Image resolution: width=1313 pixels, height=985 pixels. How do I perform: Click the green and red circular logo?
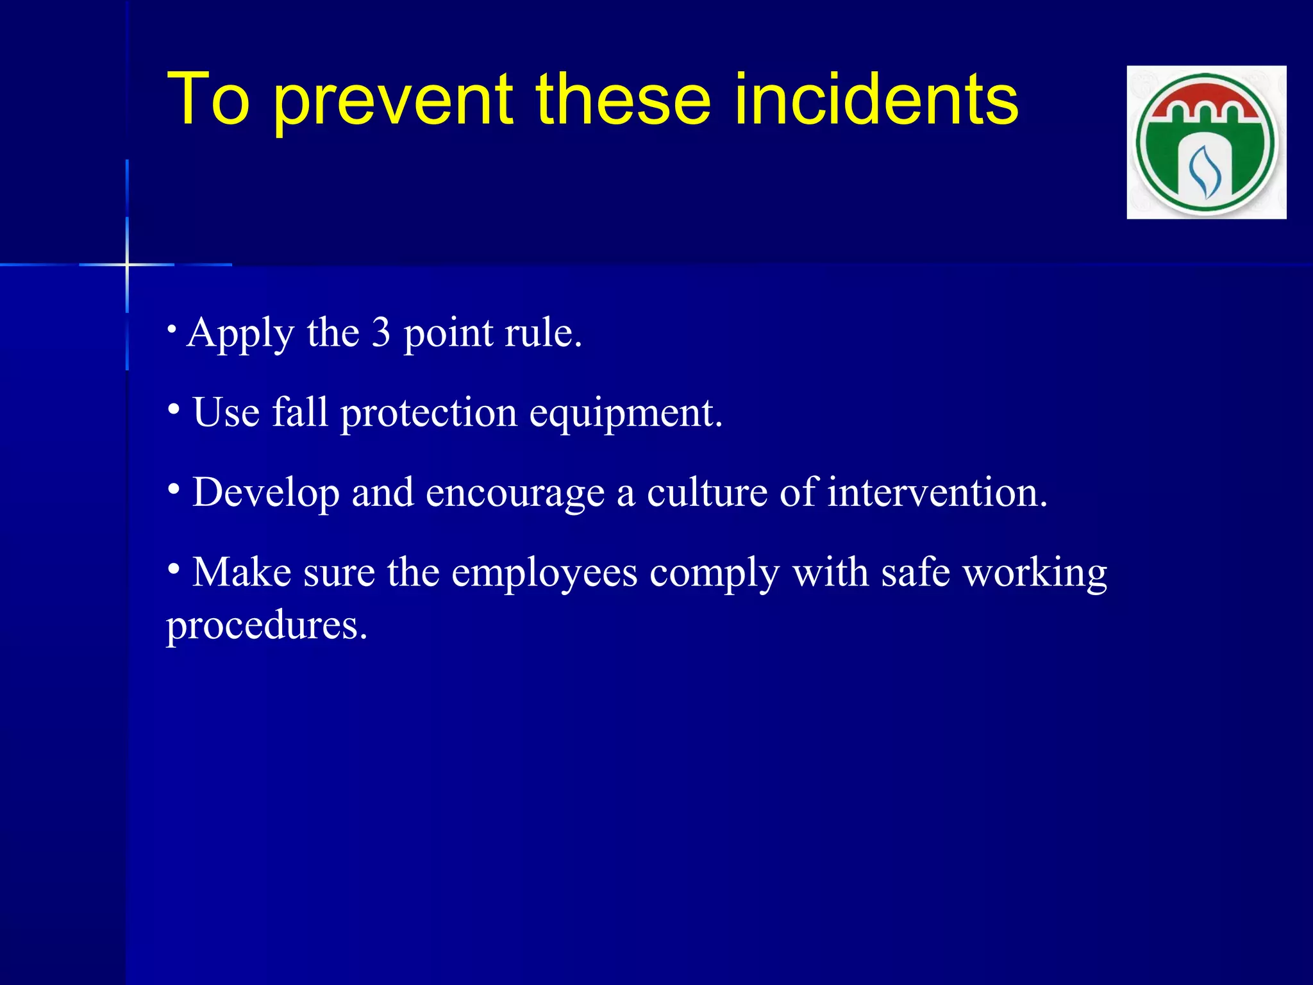pos(1206,142)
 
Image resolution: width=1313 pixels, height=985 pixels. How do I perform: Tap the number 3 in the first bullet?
pos(381,333)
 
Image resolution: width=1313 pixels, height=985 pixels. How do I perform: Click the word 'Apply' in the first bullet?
pos(240,334)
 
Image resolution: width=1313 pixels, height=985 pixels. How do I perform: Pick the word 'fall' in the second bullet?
pos(300,412)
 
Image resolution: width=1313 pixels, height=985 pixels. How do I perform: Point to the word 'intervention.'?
pos(937,492)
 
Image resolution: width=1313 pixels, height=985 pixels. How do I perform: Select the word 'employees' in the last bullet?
pos(544,573)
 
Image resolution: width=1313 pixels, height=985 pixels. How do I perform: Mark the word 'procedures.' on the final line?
pos(267,626)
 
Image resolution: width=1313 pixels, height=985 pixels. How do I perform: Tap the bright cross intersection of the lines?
pos(127,264)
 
